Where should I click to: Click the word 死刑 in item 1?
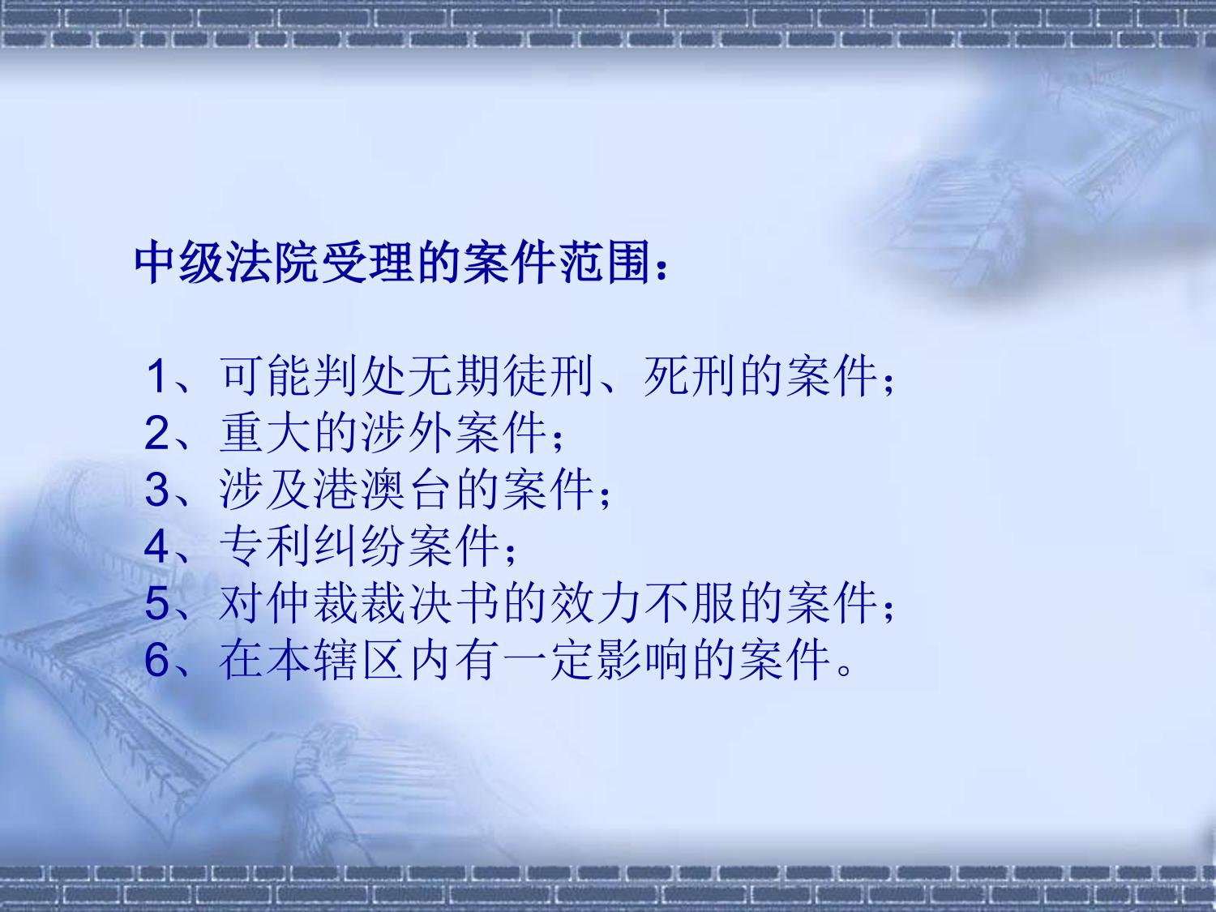[689, 376]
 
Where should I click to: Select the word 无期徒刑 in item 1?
[501, 376]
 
